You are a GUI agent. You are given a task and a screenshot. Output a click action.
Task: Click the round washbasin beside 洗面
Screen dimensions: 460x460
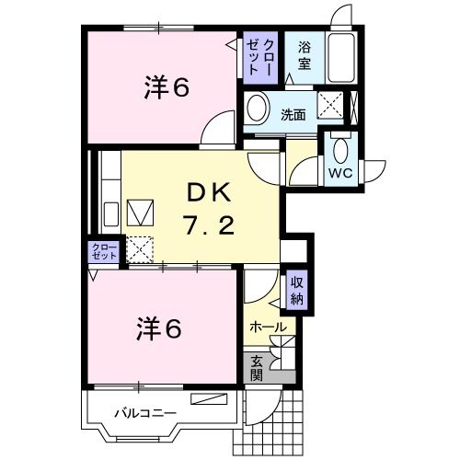tap(258, 107)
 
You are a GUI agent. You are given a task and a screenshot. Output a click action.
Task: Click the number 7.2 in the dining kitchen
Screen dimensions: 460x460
tap(211, 224)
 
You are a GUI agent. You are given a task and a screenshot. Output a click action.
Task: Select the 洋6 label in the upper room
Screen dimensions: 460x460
tap(166, 87)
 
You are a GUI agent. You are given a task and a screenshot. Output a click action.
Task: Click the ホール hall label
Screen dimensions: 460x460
tap(268, 327)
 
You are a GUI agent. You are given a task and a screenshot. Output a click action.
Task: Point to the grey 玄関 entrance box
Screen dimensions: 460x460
tap(257, 367)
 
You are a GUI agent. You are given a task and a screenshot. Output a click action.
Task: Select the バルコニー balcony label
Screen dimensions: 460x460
tap(144, 413)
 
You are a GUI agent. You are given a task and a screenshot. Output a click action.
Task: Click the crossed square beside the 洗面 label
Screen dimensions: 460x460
tap(328, 107)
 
